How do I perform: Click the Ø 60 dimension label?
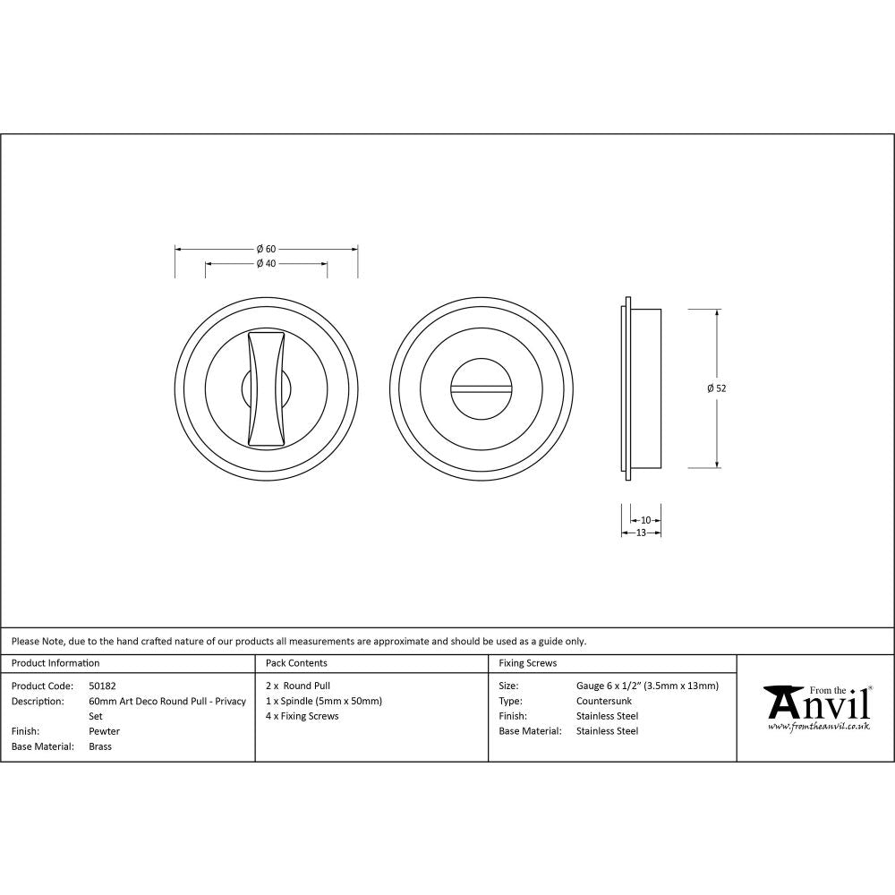coord(265,248)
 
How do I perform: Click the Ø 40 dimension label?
coord(265,263)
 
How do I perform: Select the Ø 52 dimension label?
coord(715,388)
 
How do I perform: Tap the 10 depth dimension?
coord(645,519)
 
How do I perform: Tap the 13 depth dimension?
coord(641,533)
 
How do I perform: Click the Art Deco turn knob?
coord(267,388)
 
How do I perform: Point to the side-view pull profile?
coord(641,388)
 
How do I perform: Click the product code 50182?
coord(102,686)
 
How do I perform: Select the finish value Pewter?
coord(104,731)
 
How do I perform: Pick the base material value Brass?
coord(100,746)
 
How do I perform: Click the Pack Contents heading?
coord(296,663)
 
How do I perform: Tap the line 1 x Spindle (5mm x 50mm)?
coord(324,701)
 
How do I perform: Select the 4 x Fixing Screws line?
coord(303,716)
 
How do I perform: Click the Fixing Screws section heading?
coord(527,663)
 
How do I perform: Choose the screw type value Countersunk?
coord(603,701)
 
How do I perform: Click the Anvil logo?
coord(816,703)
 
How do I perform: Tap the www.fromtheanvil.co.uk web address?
coord(818,727)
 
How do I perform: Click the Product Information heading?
coord(55,663)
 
